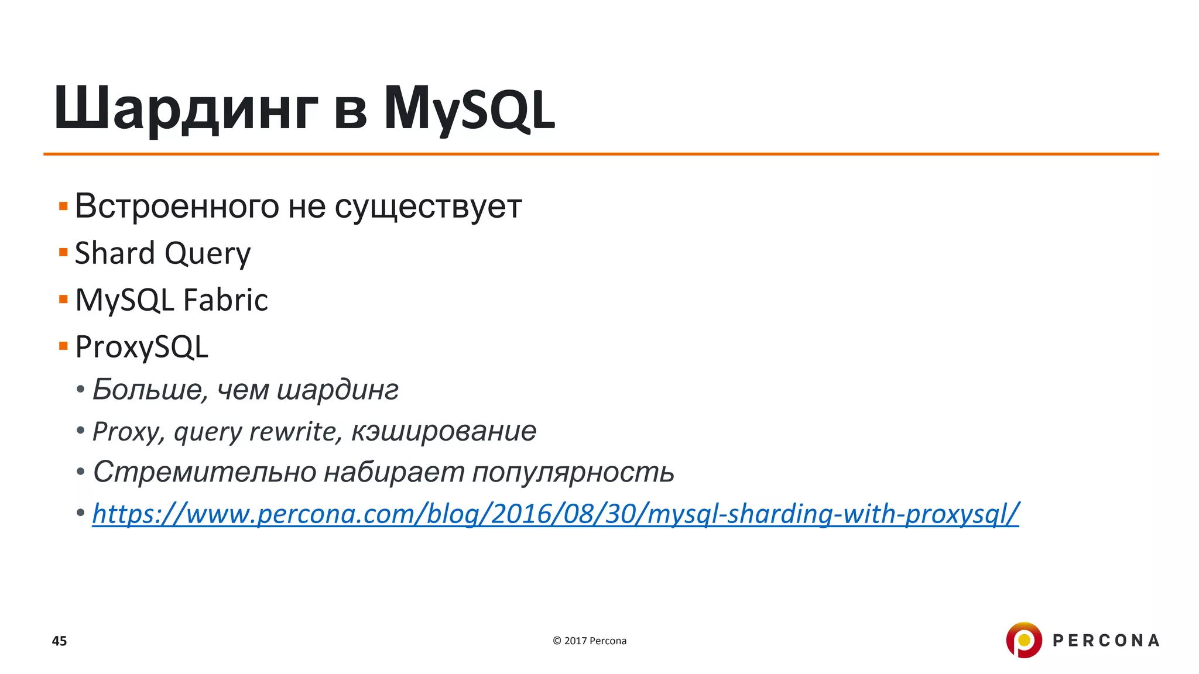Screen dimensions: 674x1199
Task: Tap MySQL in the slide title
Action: pos(469,109)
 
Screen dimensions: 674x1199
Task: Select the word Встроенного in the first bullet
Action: pos(177,207)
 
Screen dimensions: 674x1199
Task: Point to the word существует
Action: pos(428,207)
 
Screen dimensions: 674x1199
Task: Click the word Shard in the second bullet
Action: pos(115,253)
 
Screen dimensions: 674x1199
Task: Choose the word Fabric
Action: pos(225,300)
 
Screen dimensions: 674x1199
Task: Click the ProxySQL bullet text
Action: pos(142,348)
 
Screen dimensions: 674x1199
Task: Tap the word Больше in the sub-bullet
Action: pos(150,390)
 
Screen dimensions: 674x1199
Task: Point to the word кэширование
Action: pos(444,432)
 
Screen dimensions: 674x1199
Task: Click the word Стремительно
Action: pos(204,472)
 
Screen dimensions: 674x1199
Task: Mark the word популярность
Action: pos(573,473)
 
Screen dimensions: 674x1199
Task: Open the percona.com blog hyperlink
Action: pos(555,514)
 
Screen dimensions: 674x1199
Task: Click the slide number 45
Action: pos(60,641)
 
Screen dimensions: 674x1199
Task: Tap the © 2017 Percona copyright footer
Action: pos(590,641)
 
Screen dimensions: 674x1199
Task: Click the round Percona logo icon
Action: pos(1023,640)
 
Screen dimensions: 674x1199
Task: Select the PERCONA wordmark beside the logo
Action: pos(1105,641)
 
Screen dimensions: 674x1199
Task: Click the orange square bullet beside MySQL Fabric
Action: pos(63,300)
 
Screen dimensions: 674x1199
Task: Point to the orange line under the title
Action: pos(601,154)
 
